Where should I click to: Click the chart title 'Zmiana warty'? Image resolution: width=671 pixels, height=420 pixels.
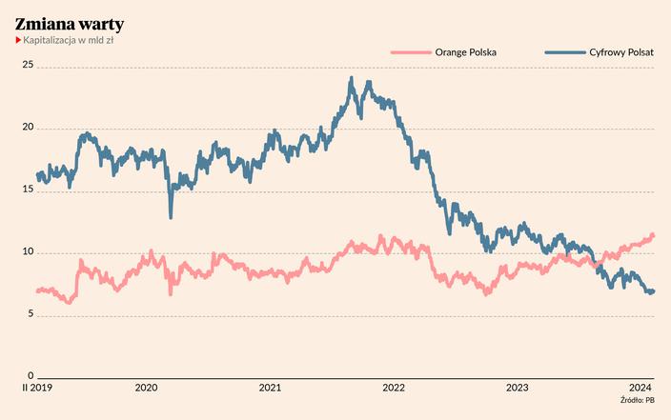point(70,25)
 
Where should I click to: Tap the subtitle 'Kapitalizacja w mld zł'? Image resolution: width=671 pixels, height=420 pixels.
point(68,40)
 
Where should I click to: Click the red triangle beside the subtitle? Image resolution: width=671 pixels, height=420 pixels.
point(18,40)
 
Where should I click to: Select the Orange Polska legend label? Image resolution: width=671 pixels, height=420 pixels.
point(465,52)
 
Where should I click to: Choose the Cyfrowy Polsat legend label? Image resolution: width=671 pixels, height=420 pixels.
point(621,52)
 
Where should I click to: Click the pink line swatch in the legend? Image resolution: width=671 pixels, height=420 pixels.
point(411,52)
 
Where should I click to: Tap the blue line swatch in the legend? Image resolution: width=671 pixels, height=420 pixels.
point(565,52)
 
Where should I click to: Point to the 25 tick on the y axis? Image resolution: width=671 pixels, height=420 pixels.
point(28,65)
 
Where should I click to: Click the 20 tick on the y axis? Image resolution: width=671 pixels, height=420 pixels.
point(28,127)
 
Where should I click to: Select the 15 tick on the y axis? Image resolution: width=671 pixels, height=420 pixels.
point(28,190)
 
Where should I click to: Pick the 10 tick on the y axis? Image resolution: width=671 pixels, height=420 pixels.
point(28,251)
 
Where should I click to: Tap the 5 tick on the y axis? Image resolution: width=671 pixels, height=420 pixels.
point(30,314)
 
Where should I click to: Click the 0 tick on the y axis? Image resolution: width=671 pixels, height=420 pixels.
point(30,375)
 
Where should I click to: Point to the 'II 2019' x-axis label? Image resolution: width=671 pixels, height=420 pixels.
point(37,388)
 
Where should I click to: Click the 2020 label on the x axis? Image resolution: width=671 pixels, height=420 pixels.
point(147,388)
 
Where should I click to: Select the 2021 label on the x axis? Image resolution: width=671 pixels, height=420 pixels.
point(270,388)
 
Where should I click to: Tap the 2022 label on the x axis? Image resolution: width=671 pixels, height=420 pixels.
point(394,388)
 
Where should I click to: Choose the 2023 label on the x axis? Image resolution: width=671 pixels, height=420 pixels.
point(518,388)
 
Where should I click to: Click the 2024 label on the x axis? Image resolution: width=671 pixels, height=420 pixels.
point(640,388)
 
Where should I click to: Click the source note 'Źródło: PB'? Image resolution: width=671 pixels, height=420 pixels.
point(638,400)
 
